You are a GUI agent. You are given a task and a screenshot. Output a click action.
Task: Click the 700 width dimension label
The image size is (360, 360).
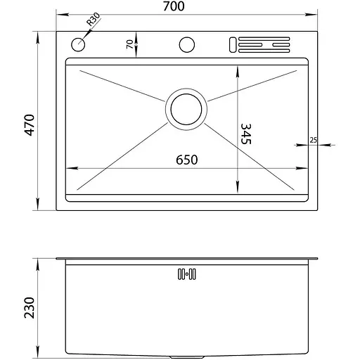click(174, 6)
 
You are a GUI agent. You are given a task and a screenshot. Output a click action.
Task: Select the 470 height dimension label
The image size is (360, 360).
click(30, 125)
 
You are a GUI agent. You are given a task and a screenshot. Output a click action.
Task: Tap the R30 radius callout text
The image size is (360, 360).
click(94, 19)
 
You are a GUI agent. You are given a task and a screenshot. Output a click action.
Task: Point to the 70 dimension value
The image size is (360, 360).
click(129, 44)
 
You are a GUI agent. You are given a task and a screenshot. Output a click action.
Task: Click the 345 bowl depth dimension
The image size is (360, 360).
click(246, 134)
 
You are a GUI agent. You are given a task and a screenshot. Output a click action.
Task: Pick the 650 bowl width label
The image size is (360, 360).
click(187, 160)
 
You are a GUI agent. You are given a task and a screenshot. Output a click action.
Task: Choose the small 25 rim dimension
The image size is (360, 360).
click(313, 140)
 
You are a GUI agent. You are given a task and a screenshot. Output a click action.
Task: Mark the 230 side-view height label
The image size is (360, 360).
click(30, 307)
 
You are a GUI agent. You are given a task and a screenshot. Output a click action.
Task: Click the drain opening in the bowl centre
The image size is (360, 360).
click(186, 109)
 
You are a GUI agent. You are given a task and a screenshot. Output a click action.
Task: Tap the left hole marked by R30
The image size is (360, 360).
click(78, 44)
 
